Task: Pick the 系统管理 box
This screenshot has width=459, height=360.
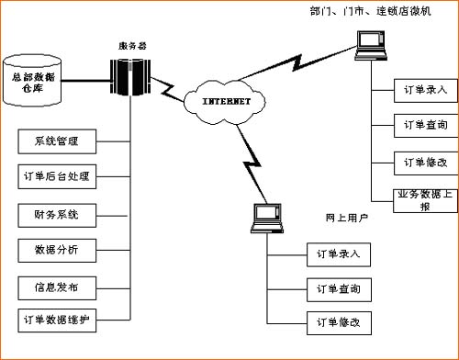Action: tap(56, 141)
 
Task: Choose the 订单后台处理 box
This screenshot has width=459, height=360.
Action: tap(56, 176)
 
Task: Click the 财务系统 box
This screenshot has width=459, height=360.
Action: tap(56, 214)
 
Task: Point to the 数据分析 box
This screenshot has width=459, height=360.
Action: tap(56, 250)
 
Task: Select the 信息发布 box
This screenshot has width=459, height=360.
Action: tap(56, 287)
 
